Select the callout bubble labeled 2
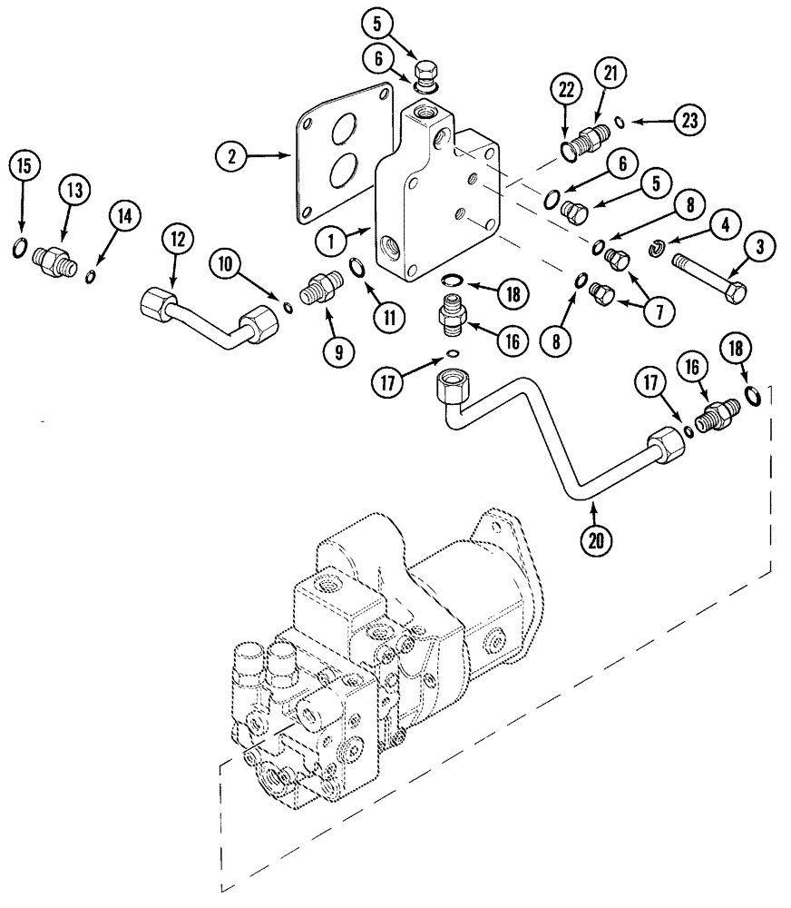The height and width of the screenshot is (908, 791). [232, 157]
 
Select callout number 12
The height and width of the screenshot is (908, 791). [177, 241]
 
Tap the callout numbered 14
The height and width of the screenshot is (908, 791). [125, 215]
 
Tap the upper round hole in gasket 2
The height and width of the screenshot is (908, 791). [343, 131]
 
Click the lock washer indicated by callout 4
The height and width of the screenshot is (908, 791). [660, 248]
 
